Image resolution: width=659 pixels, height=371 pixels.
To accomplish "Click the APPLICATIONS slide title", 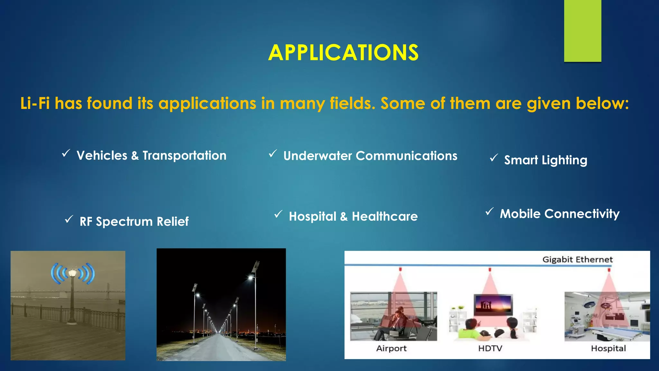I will point(343,52).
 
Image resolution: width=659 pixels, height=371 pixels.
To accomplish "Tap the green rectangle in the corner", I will point(582,31).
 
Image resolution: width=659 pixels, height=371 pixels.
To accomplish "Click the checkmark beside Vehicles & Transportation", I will point(66,153).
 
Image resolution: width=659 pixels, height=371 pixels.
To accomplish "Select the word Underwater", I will point(317,156).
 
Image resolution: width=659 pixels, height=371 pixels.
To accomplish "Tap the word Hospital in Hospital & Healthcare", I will point(312,216).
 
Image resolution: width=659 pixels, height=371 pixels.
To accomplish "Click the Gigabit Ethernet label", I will point(577,260).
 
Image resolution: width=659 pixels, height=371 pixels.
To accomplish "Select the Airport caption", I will point(391,348).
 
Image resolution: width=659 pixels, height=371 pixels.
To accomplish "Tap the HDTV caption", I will point(490,348).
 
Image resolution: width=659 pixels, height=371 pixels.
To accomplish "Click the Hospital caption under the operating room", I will point(608,348).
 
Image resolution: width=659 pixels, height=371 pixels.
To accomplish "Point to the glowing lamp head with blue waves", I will point(72,273).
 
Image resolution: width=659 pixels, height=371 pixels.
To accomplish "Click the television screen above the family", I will point(493,304).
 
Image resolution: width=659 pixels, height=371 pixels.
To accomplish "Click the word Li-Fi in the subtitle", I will point(35,104).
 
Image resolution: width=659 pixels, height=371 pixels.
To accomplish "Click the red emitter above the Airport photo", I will point(400,269).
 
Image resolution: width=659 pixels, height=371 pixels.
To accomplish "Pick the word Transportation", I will point(184,156).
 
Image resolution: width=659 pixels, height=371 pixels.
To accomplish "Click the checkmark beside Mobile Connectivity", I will point(489,212).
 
